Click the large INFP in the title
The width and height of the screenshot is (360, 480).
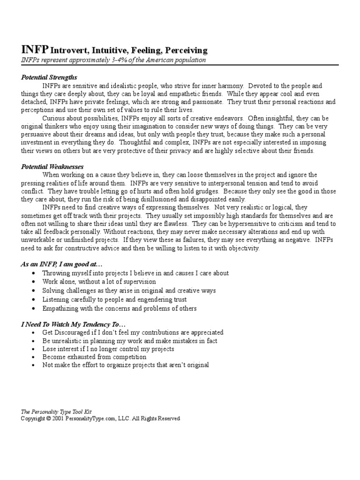[35, 50]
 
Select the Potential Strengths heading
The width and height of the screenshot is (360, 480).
[49, 77]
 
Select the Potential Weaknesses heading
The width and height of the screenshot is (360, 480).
[52, 166]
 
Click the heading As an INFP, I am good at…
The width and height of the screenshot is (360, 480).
[58, 264]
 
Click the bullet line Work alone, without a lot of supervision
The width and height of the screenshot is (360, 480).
[99, 282]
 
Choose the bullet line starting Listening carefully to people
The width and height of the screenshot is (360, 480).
[114, 300]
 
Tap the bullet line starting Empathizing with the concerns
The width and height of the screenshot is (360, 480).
[119, 308]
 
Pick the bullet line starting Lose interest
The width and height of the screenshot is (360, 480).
[108, 349]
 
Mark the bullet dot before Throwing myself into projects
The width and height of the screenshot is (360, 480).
[34, 273]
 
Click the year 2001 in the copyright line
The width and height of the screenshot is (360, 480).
[58, 419]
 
